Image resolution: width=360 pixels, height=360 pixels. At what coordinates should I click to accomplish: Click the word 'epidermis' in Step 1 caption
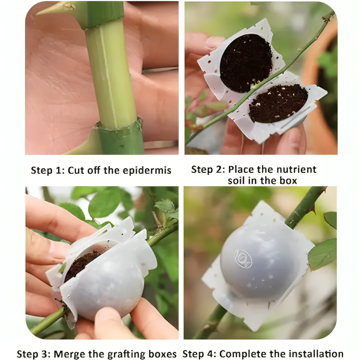pyautogui.click(x=148, y=170)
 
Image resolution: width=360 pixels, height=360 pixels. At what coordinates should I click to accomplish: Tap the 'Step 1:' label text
pyautogui.click(x=48, y=170)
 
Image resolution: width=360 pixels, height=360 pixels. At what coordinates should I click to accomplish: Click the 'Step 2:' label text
pyautogui.click(x=208, y=169)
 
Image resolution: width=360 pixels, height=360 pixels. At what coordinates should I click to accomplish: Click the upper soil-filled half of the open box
pyautogui.click(x=246, y=62)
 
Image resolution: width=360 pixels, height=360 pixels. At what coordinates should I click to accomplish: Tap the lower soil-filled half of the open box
pyautogui.click(x=278, y=103)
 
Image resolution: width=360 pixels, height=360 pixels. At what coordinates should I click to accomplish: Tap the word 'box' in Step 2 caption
pyautogui.click(x=288, y=181)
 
